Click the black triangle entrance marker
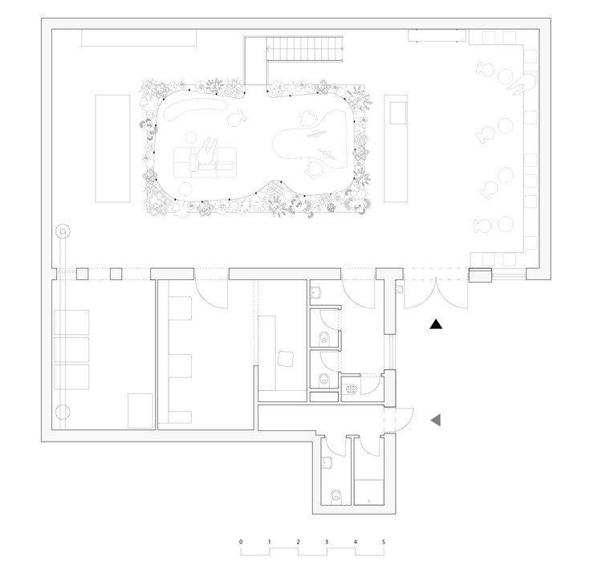click(436, 324)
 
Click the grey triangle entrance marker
click(436, 421)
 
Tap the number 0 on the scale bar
click(241, 542)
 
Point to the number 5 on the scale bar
click(384, 542)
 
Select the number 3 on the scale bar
click(327, 542)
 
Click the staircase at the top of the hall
click(304, 49)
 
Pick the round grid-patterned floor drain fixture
click(351, 389)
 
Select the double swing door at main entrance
click(436, 295)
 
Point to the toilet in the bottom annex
click(336, 495)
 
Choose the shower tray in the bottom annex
click(369, 491)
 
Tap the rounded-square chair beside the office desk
click(286, 359)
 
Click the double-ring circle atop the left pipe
click(63, 231)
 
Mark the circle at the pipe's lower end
click(63, 412)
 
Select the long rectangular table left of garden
click(112, 149)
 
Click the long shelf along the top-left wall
click(139, 38)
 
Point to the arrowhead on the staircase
click(268, 49)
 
